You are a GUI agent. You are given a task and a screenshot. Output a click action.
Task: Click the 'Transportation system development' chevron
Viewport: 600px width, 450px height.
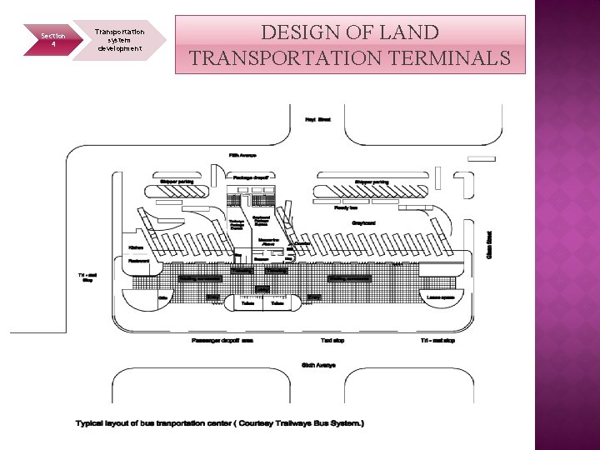(x=119, y=40)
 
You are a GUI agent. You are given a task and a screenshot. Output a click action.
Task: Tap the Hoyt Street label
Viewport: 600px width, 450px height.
(x=317, y=120)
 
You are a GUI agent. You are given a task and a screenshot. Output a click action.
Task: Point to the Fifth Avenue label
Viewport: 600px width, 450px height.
(x=242, y=155)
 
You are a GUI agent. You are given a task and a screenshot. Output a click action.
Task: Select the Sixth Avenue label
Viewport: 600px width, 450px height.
(x=317, y=365)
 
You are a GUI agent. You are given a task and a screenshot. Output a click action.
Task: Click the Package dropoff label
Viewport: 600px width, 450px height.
(x=253, y=177)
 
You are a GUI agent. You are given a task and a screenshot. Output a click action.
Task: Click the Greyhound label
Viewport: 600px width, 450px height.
(x=363, y=222)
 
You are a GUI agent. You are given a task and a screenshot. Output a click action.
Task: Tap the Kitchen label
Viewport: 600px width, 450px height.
(x=137, y=247)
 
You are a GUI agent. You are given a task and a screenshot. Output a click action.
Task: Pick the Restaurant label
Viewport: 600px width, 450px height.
(x=138, y=260)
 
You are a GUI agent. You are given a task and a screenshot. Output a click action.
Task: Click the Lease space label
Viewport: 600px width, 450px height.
(x=440, y=297)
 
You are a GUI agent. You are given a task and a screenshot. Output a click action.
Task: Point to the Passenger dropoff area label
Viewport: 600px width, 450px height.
(x=222, y=340)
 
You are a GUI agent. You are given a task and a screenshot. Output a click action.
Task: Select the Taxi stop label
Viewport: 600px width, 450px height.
(x=332, y=340)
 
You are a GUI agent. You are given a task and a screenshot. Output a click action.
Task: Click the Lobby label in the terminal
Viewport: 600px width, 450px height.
(x=262, y=289)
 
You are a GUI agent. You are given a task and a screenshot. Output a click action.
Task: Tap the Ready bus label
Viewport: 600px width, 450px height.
(x=345, y=207)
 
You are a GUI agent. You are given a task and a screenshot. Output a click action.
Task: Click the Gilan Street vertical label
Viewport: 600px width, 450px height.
(x=490, y=243)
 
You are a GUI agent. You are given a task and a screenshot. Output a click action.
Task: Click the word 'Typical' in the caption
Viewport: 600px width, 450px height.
(x=91, y=423)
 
